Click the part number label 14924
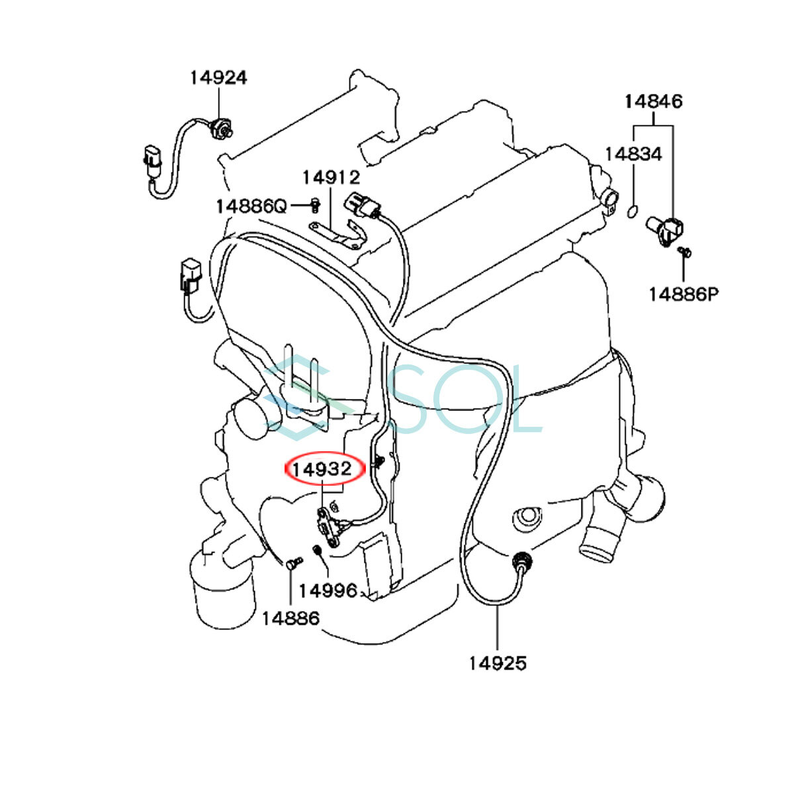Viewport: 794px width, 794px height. pos(218,77)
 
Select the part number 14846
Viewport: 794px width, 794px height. pos(654,101)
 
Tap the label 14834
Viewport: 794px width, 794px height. pos(633,154)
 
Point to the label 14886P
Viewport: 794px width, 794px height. pos(683,294)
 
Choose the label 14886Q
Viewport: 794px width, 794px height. pos(251,206)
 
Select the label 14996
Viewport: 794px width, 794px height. pos(328,590)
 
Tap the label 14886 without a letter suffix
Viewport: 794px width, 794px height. pos(290,618)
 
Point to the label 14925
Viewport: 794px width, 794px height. pos(498,662)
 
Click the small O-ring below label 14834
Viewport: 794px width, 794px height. pos(633,211)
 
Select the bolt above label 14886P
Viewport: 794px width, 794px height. pos(685,251)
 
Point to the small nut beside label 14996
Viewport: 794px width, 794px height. pos(317,549)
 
